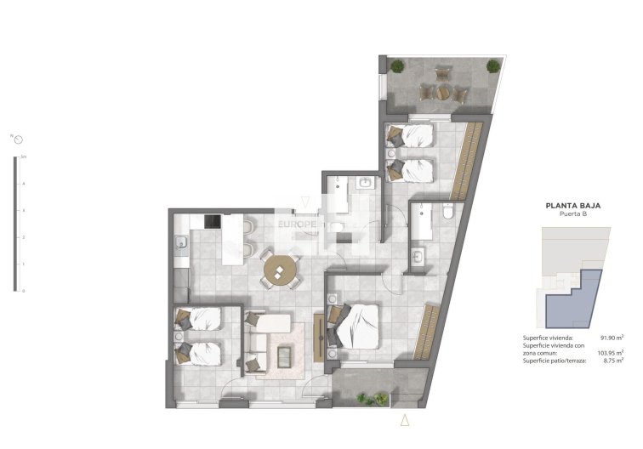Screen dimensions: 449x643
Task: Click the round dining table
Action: point(280,271)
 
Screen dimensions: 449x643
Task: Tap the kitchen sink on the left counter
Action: point(181,247)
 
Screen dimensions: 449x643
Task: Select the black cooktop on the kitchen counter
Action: point(211,222)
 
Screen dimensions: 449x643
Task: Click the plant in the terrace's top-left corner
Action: point(397,66)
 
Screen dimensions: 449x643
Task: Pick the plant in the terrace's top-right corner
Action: point(493,65)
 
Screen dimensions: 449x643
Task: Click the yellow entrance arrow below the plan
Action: point(405,420)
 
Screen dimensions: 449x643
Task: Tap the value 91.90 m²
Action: point(612,338)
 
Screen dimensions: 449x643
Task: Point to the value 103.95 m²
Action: point(611,353)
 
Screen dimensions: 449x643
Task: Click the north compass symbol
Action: point(16,139)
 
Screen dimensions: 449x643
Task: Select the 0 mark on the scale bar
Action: point(23,291)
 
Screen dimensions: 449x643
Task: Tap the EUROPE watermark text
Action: point(303,224)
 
